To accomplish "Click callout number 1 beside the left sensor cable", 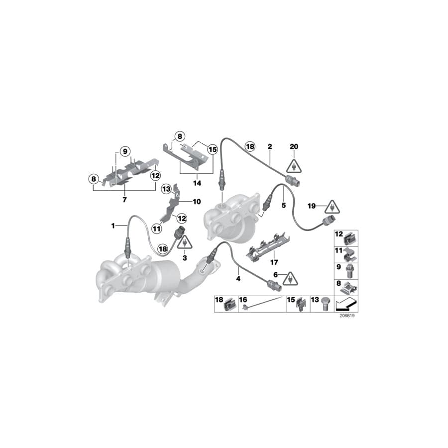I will [113, 225].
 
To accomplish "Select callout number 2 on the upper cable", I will [269, 147].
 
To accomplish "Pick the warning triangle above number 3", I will [185, 243].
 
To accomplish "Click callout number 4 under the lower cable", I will [238, 279].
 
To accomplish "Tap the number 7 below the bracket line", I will [124, 199].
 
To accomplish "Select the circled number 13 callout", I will [165, 188].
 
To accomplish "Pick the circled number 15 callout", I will [213, 148].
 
